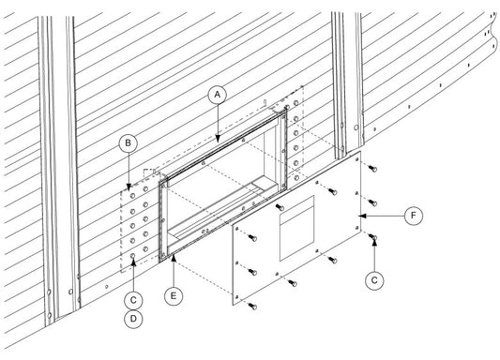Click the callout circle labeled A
point(217,95)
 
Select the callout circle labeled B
point(128,143)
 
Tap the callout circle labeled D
point(133,318)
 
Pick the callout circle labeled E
point(174,296)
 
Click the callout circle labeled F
point(414,216)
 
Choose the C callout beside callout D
point(133,300)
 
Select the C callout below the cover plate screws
point(374,280)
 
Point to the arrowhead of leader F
point(361,216)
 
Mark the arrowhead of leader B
point(129,187)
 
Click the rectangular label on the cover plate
point(296,228)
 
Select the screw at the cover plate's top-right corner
point(372,169)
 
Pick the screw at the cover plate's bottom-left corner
point(252,307)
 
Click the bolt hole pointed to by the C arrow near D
point(133,256)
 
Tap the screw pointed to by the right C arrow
point(372,237)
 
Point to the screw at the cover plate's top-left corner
point(252,238)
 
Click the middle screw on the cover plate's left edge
point(252,272)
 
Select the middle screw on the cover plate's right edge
point(372,202)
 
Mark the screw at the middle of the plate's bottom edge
point(293,283)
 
